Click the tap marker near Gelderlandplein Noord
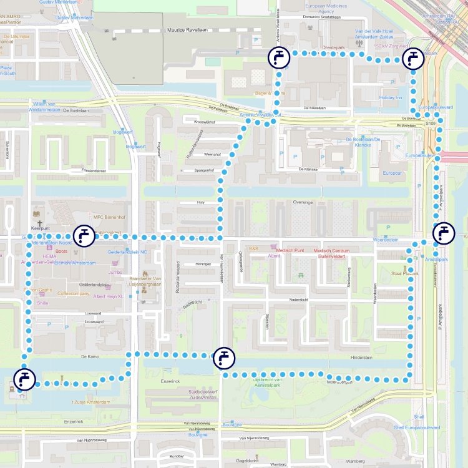click(x=84, y=236)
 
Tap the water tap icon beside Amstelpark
click(x=444, y=232)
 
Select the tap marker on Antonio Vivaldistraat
click(x=279, y=57)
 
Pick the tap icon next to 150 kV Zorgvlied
click(x=412, y=59)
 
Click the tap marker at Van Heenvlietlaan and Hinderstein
click(x=224, y=358)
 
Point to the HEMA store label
click(x=50, y=256)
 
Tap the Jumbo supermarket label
click(x=115, y=272)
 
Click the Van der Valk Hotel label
click(x=373, y=34)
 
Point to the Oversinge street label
click(x=303, y=202)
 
